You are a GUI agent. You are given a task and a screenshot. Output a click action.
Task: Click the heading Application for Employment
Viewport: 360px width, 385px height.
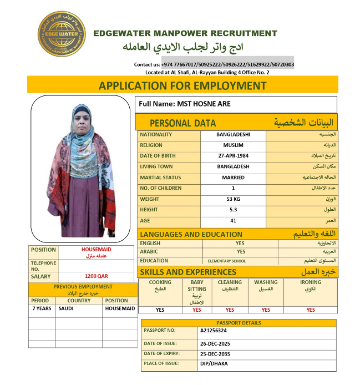pos(182,85)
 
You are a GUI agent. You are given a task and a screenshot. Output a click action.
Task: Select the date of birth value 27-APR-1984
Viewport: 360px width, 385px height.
pos(233,156)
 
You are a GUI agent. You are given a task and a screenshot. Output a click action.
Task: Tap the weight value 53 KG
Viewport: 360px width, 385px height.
pos(233,199)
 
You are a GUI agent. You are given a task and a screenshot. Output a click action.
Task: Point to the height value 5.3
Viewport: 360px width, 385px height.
pos(233,210)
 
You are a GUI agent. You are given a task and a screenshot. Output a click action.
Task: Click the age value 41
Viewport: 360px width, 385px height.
pos(233,220)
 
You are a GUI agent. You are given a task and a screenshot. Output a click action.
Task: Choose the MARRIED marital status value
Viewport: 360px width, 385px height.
pos(233,178)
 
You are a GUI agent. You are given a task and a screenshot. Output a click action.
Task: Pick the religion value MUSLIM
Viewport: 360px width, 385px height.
pos(233,145)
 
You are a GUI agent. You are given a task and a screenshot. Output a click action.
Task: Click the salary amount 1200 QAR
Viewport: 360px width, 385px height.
pos(97,276)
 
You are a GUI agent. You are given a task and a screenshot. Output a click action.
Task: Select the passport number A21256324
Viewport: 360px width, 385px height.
pos(214,331)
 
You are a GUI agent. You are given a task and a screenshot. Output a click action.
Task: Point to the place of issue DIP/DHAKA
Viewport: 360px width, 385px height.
pos(214,364)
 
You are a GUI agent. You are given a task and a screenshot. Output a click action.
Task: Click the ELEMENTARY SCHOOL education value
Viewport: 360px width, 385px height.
pos(226,261)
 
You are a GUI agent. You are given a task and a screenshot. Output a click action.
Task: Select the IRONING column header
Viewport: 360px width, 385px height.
pos(310,282)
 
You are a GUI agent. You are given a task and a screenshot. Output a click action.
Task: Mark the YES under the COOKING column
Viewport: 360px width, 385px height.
pos(160,310)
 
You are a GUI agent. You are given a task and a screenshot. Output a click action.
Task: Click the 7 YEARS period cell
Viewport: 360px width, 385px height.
pos(42,308)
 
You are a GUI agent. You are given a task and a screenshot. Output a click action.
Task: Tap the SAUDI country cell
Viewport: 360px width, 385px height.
pos(66,308)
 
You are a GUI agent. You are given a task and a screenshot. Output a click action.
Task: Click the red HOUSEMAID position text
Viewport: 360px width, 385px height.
pos(97,250)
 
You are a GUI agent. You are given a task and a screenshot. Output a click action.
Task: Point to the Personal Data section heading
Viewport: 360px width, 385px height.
pos(183,123)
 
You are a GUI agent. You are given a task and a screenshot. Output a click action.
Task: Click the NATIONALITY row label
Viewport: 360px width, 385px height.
pos(156,135)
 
